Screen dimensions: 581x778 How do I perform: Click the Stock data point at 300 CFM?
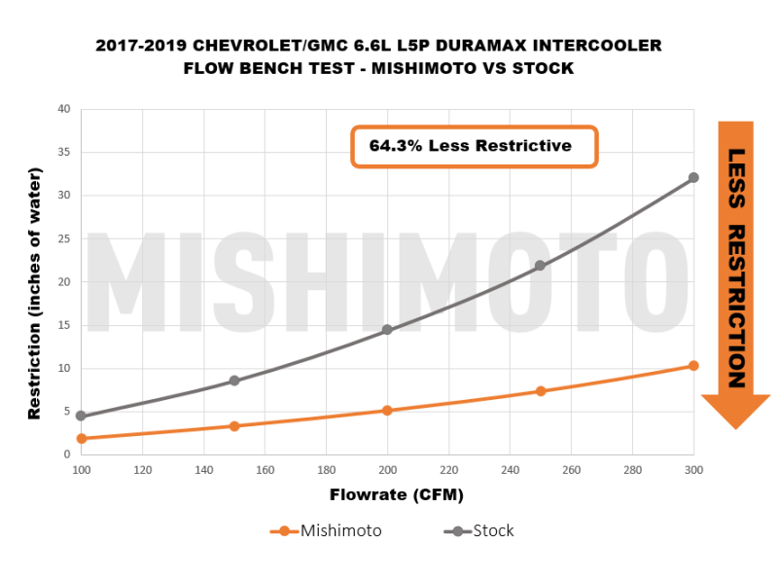693,178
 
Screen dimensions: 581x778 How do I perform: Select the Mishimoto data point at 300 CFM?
693,366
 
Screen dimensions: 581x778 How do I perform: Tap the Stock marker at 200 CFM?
387,330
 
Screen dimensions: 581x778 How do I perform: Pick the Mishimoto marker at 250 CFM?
541,391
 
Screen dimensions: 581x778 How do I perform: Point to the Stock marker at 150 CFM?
234,381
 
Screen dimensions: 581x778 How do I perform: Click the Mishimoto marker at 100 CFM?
82,439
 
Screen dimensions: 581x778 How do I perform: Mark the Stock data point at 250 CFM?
541,266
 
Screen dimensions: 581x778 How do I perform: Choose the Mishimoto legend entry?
326,531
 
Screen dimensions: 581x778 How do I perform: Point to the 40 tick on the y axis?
63,109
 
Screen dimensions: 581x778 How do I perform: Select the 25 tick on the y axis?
63,238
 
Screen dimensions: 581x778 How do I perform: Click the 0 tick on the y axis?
67,454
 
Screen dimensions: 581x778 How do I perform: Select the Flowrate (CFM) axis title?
387,495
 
